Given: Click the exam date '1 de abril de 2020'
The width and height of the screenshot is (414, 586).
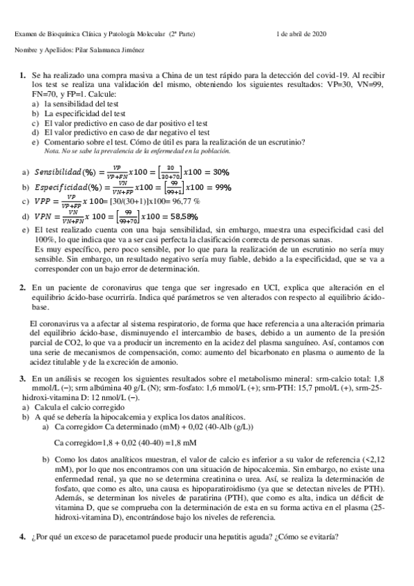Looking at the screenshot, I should pos(301,33).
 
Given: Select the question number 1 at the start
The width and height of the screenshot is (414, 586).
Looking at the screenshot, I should pos(23,73).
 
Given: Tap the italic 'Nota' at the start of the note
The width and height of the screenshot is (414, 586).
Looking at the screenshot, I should pos(51,150).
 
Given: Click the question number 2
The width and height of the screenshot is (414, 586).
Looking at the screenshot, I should pos(23,287).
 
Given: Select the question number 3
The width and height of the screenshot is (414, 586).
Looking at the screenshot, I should pos(23,378).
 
